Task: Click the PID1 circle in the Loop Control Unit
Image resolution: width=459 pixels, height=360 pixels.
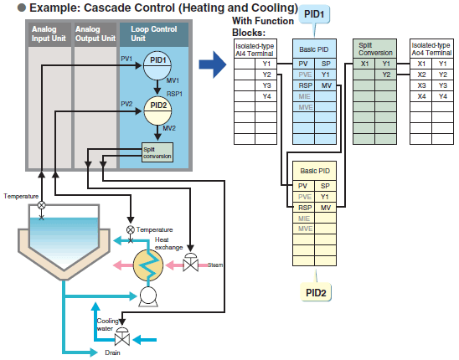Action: [x=157, y=61]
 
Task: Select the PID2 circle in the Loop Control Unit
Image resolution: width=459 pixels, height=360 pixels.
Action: [x=157, y=105]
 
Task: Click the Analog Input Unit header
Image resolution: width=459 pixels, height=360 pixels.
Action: [x=45, y=34]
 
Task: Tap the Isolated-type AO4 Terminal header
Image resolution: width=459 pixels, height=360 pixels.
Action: [x=432, y=49]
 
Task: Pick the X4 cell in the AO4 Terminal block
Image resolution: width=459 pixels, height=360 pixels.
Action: [x=420, y=96]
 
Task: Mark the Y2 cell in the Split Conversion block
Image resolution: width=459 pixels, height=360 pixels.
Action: [x=386, y=75]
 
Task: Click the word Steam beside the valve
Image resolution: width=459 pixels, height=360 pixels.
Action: [x=215, y=265]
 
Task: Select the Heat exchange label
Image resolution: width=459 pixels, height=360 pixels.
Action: [x=168, y=243]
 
